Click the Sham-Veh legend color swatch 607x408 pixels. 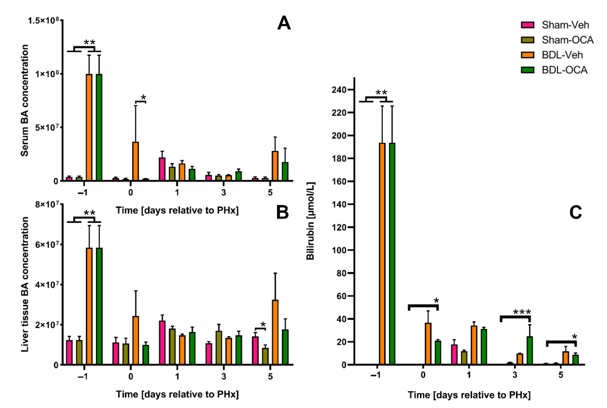(528, 25)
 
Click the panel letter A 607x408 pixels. (284, 23)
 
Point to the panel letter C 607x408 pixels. (575, 212)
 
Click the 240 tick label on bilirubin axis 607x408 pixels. (339, 90)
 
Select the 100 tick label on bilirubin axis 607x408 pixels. (339, 250)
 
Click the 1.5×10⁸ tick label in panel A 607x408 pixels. (43, 20)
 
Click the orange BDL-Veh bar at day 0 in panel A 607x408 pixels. (135, 161)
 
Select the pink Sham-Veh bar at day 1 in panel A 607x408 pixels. (162, 169)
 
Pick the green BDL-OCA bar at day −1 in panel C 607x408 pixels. (392, 254)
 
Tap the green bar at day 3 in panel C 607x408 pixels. (530, 351)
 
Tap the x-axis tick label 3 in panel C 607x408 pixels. (515, 375)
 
